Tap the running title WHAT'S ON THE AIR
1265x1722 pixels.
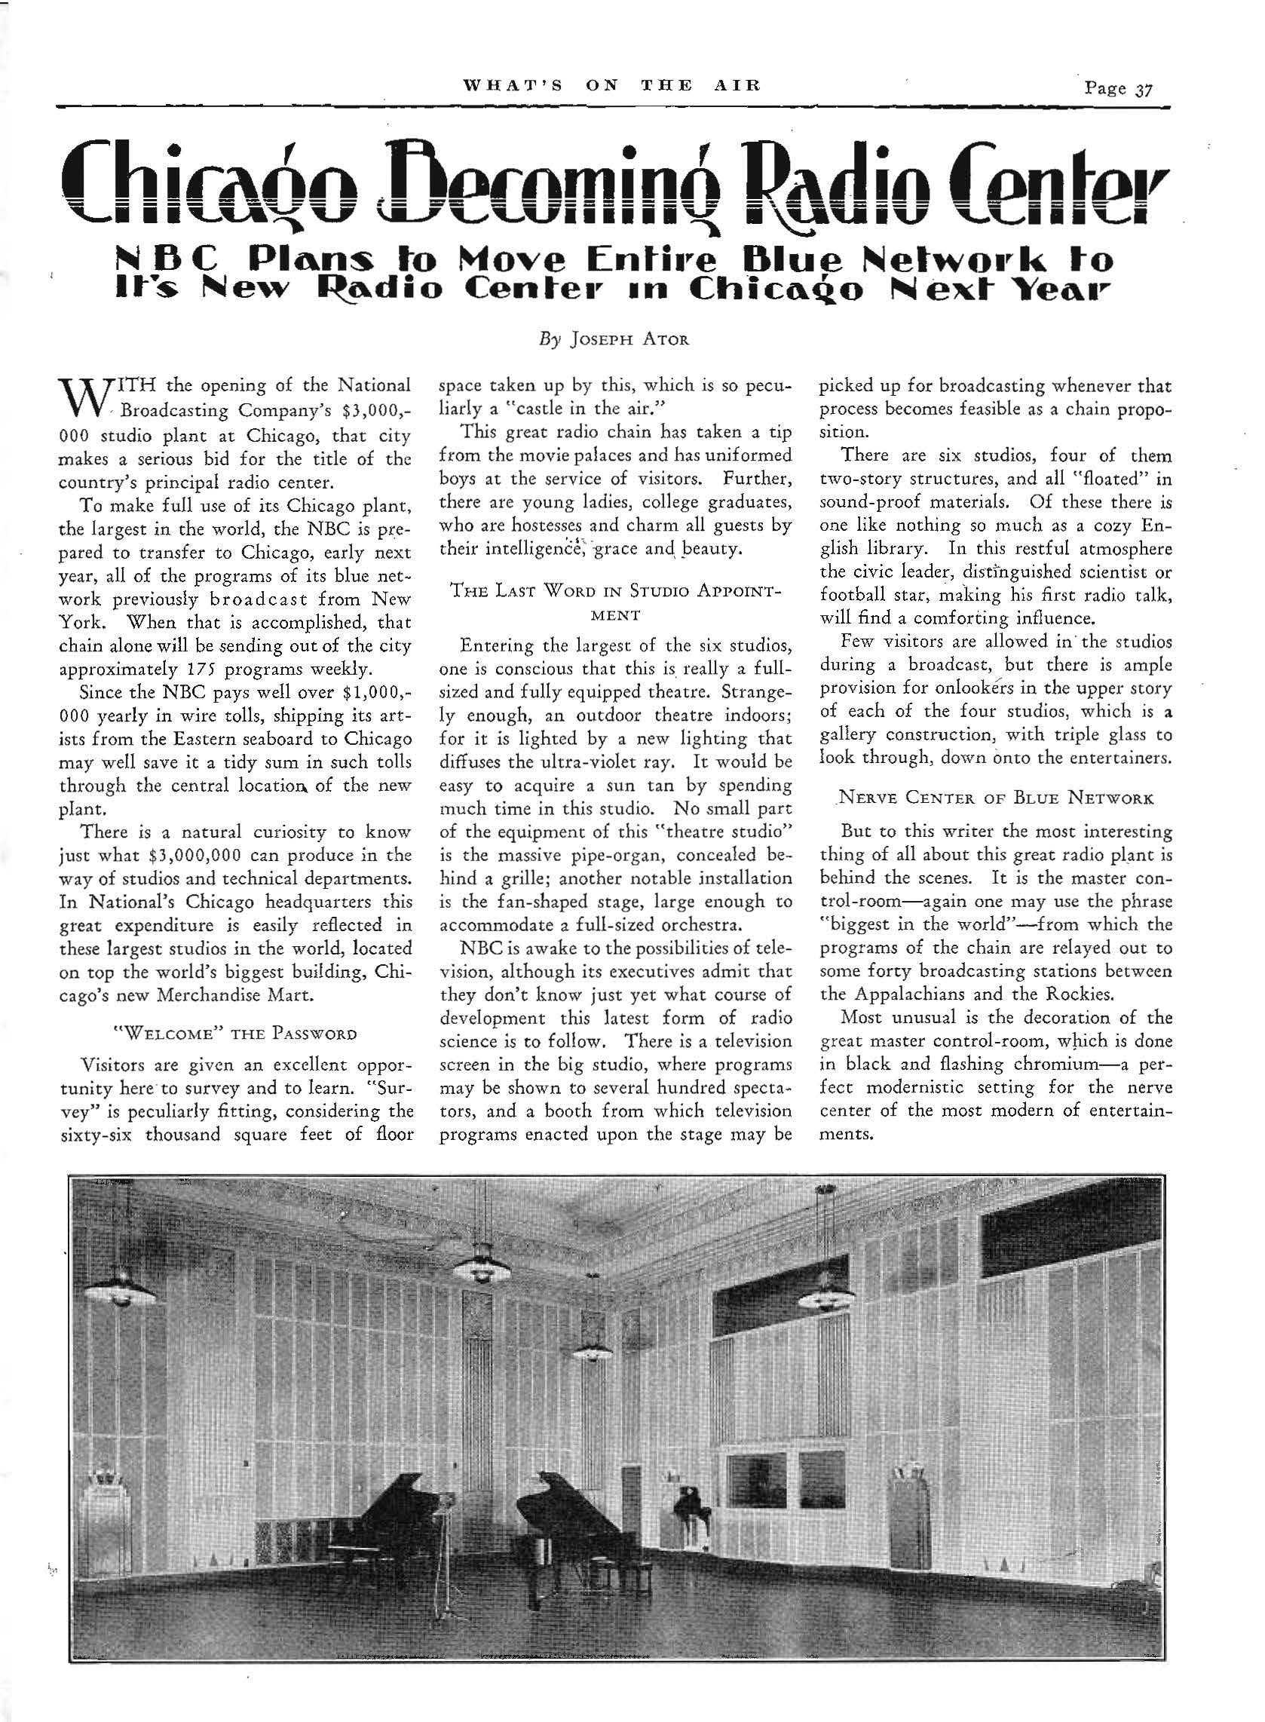point(612,86)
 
